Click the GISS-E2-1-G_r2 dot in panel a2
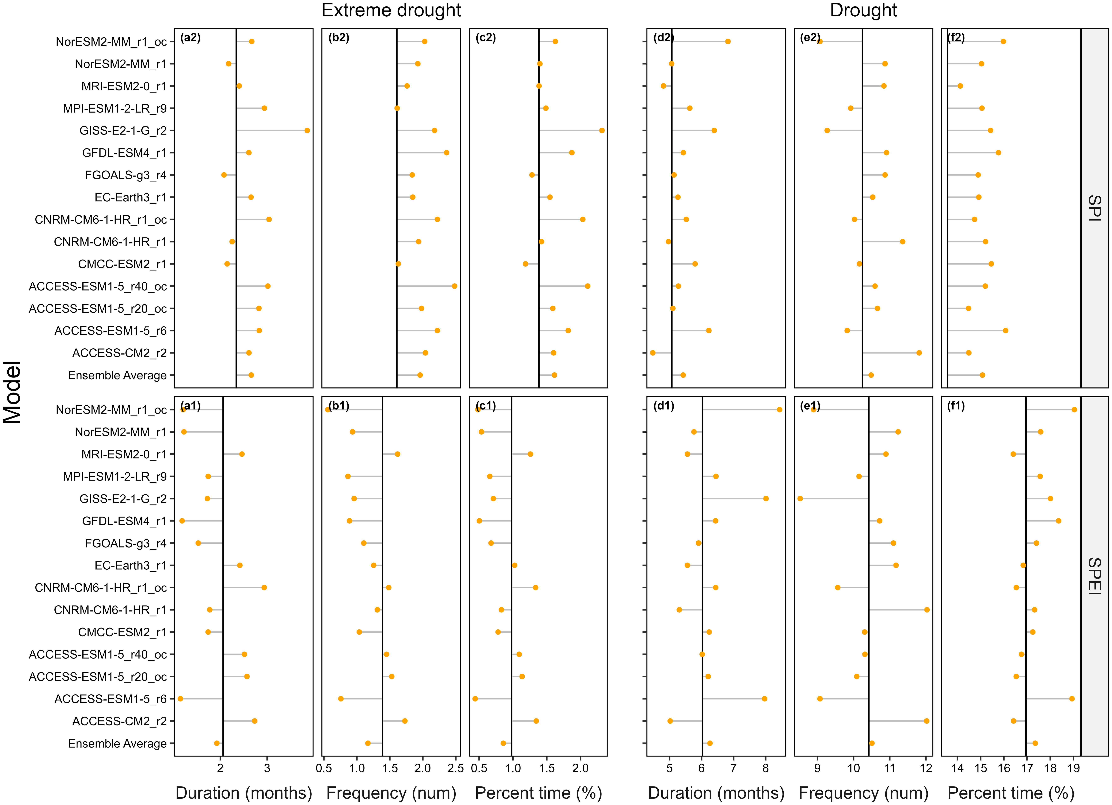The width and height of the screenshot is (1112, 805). (307, 130)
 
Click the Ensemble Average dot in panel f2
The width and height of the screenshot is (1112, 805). (982, 375)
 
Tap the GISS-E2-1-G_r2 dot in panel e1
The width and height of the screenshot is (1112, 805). (800, 499)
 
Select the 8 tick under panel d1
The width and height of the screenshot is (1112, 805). (765, 768)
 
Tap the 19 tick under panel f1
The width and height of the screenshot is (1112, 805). (1073, 768)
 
